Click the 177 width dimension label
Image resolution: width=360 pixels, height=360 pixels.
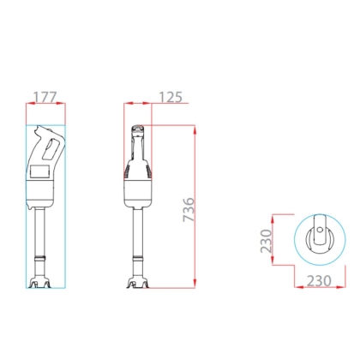pyautogui.click(x=45, y=97)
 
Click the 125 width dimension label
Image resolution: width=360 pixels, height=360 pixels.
pyautogui.click(x=171, y=97)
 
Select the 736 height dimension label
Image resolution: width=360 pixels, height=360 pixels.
pyautogui.click(x=189, y=209)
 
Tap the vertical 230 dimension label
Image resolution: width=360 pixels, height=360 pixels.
pyautogui.click(x=266, y=241)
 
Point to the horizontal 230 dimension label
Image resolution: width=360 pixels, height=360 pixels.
pyautogui.click(x=319, y=281)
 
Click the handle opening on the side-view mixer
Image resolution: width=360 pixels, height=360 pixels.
pyautogui.click(x=51, y=149)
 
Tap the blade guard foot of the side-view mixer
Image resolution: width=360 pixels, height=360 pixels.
pyautogui.click(x=39, y=283)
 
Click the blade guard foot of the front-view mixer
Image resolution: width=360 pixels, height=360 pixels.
pyautogui.click(x=138, y=283)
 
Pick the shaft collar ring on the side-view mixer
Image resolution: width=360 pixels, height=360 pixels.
pyautogui.click(x=39, y=258)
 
